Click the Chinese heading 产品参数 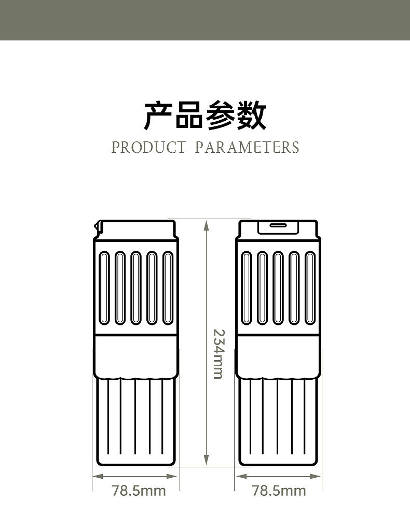(x=205, y=116)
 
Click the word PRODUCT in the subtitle (x=148, y=147)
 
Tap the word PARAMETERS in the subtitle (x=247, y=147)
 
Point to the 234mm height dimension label (x=218, y=353)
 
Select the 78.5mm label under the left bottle (x=139, y=490)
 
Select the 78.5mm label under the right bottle (x=279, y=490)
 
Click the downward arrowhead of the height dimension (x=206, y=458)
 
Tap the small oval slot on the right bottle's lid (x=277, y=226)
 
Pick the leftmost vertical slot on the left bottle (x=104, y=288)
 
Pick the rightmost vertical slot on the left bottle (x=168, y=288)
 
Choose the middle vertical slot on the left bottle (x=136, y=288)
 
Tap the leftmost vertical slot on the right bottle (x=247, y=288)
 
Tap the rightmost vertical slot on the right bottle (x=310, y=288)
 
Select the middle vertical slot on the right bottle (x=278, y=288)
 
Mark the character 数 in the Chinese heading (x=252, y=116)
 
